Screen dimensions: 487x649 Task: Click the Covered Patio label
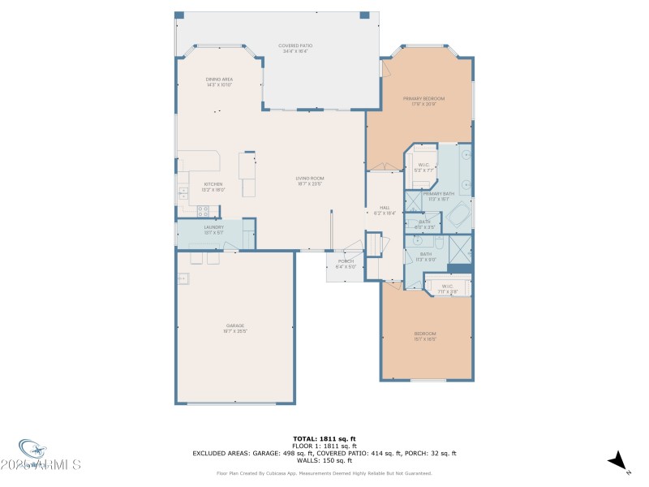tap(295, 49)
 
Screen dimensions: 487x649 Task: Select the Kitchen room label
tap(213, 187)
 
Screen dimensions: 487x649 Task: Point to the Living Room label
tap(311, 181)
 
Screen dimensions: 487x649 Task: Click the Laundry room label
tap(213, 230)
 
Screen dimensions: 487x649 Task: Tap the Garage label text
tap(235, 329)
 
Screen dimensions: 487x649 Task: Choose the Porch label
tap(346, 264)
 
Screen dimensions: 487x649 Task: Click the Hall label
tap(385, 210)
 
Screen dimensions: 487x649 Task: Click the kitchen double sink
tap(183, 193)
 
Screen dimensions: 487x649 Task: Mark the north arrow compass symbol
tap(619, 460)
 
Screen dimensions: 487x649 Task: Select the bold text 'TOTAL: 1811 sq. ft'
tap(324, 438)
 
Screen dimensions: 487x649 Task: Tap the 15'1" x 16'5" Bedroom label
tap(425, 337)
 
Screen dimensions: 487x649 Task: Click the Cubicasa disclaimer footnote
tap(324, 473)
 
